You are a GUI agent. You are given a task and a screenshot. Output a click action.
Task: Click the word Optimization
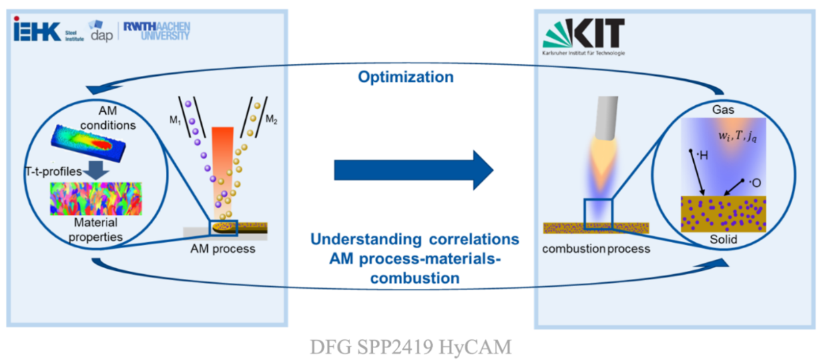[406, 77]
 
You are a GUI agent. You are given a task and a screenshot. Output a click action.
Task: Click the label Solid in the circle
[722, 239]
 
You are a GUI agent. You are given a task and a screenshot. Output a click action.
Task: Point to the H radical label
[700, 155]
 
